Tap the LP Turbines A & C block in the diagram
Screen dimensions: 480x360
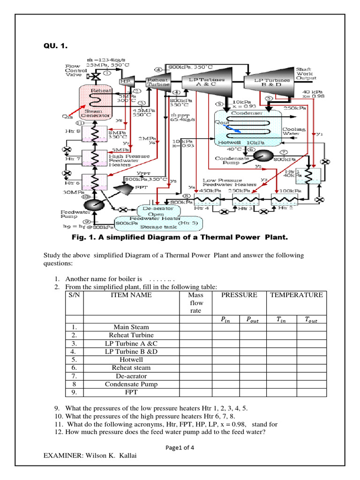[206, 82]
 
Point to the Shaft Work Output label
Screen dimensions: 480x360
[306, 74]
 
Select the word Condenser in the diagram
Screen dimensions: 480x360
[245, 113]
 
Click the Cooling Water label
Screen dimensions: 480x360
[293, 131]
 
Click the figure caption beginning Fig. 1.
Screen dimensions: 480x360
[179, 237]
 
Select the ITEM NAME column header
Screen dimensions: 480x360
[131, 295]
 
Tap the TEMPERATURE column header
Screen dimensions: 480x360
[296, 295]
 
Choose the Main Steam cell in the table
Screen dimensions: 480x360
[131, 327]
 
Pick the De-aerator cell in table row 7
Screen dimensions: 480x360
[131, 376]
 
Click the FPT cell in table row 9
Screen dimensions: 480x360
[131, 392]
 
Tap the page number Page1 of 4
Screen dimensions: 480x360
[180, 447]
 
